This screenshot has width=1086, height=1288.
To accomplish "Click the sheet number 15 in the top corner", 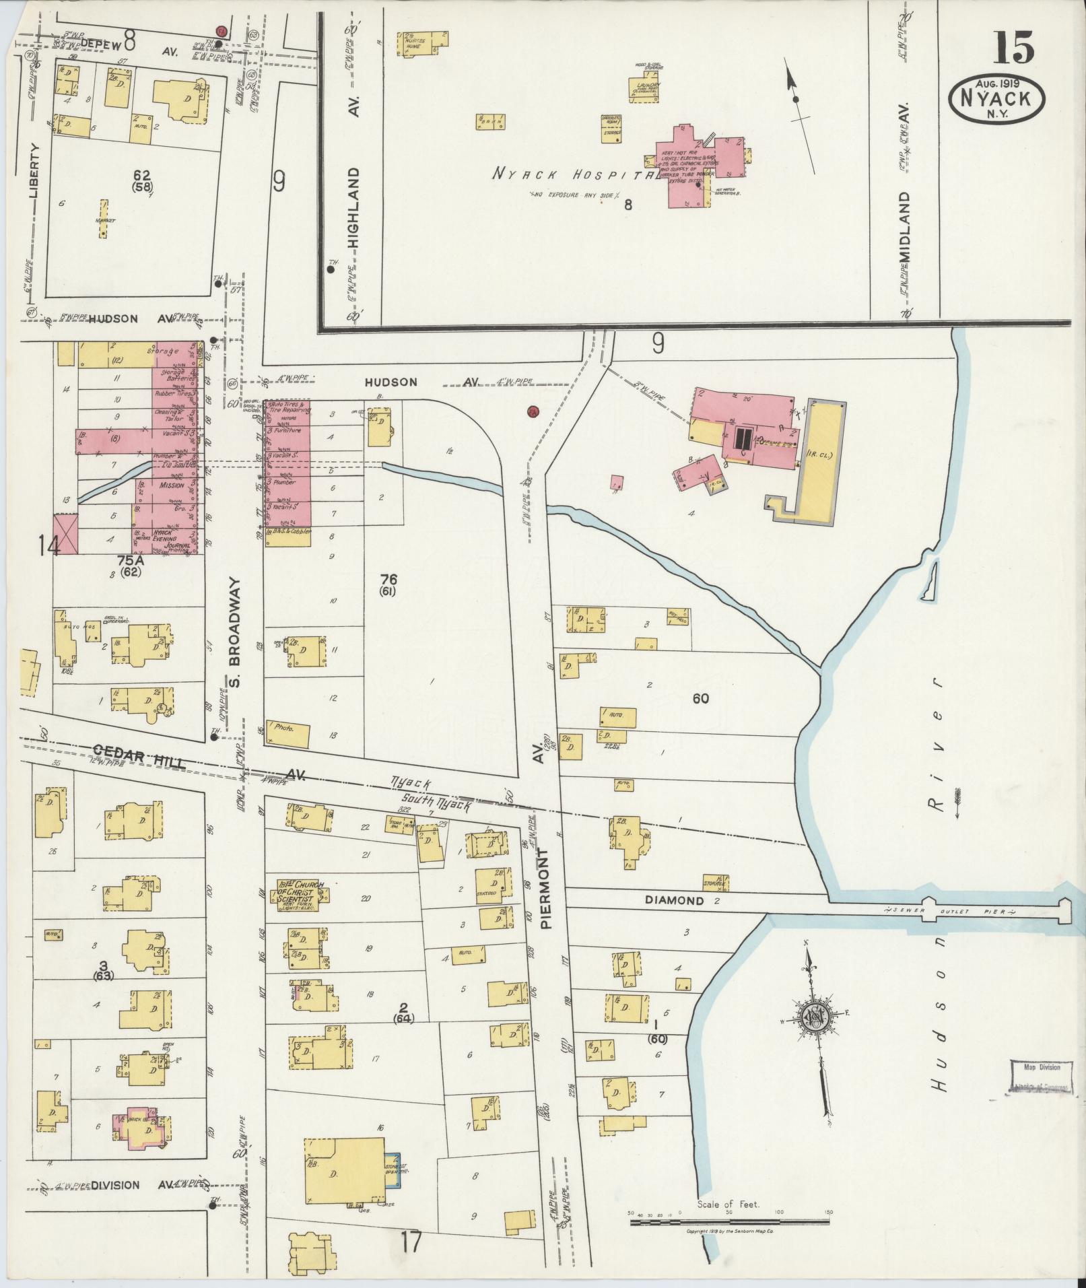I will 1013,48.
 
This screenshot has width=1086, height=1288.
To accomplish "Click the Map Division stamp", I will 1041,1085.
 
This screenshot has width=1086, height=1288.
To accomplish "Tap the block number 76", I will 388,579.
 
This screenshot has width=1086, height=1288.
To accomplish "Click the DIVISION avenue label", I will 115,1185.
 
